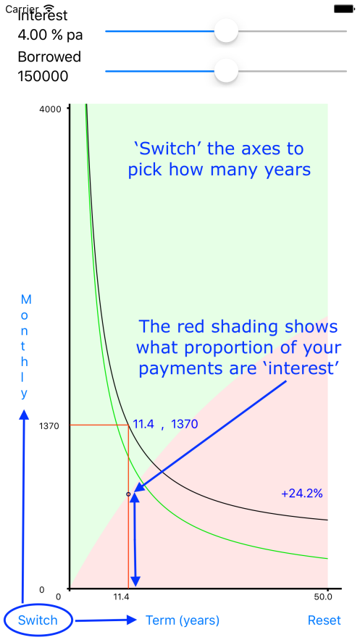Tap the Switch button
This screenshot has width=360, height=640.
pos(38,620)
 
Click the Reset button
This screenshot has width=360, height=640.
pos(324,620)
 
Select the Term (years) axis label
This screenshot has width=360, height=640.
pos(183,620)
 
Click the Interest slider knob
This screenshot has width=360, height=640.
pos(226,31)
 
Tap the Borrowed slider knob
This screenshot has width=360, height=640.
pos(226,70)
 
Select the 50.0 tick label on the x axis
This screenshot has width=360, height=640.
pos(322,597)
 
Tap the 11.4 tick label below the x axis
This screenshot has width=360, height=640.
pos(121,597)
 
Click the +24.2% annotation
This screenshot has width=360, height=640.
pos(302,494)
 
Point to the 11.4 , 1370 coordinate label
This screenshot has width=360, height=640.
pos(166,425)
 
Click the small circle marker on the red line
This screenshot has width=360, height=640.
pos(128,494)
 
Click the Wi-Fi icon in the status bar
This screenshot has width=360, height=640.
pos(49,8)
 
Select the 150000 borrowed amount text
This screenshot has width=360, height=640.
pos(43,76)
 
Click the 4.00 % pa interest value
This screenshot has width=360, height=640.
pos(50,35)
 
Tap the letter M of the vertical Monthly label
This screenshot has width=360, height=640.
pos(25,300)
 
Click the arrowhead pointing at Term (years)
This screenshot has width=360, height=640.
pos(131,620)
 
